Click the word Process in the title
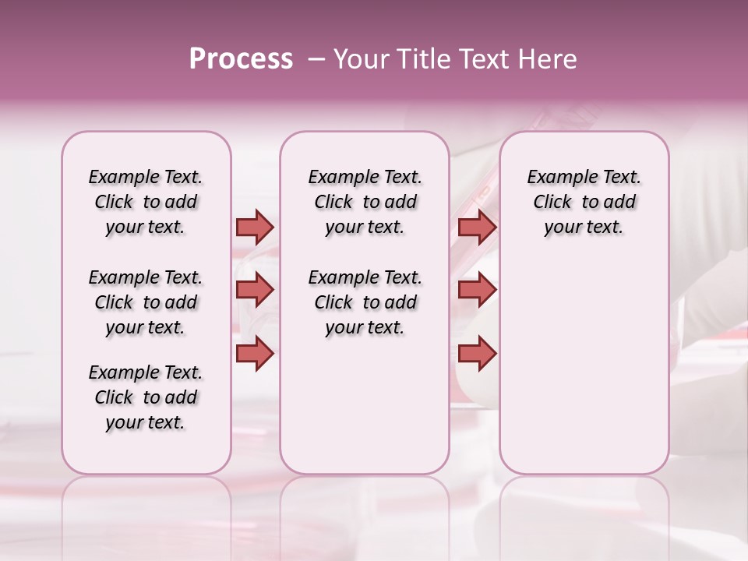(241, 59)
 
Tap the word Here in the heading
(548, 59)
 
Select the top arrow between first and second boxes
(255, 227)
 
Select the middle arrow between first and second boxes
(255, 290)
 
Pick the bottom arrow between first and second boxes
(255, 354)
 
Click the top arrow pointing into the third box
(477, 227)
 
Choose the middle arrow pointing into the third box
(477, 290)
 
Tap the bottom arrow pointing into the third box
(477, 354)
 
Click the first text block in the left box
(146, 202)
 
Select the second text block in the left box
(146, 302)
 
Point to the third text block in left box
(146, 397)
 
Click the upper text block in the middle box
(365, 202)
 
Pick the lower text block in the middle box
(365, 302)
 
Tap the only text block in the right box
(584, 202)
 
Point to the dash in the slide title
(316, 59)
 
